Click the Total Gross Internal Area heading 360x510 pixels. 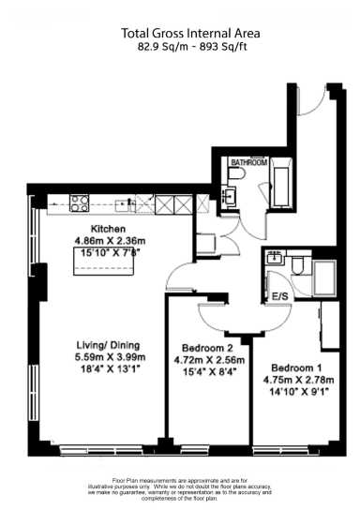pyautogui.click(x=190, y=33)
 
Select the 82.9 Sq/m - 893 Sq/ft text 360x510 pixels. pyautogui.click(x=190, y=47)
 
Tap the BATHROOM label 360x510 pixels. pyautogui.click(x=249, y=162)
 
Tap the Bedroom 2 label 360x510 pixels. pyautogui.click(x=205, y=347)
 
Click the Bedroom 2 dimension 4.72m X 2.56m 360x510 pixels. pyautogui.click(x=212, y=359)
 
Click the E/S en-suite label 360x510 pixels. pyautogui.click(x=278, y=297)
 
